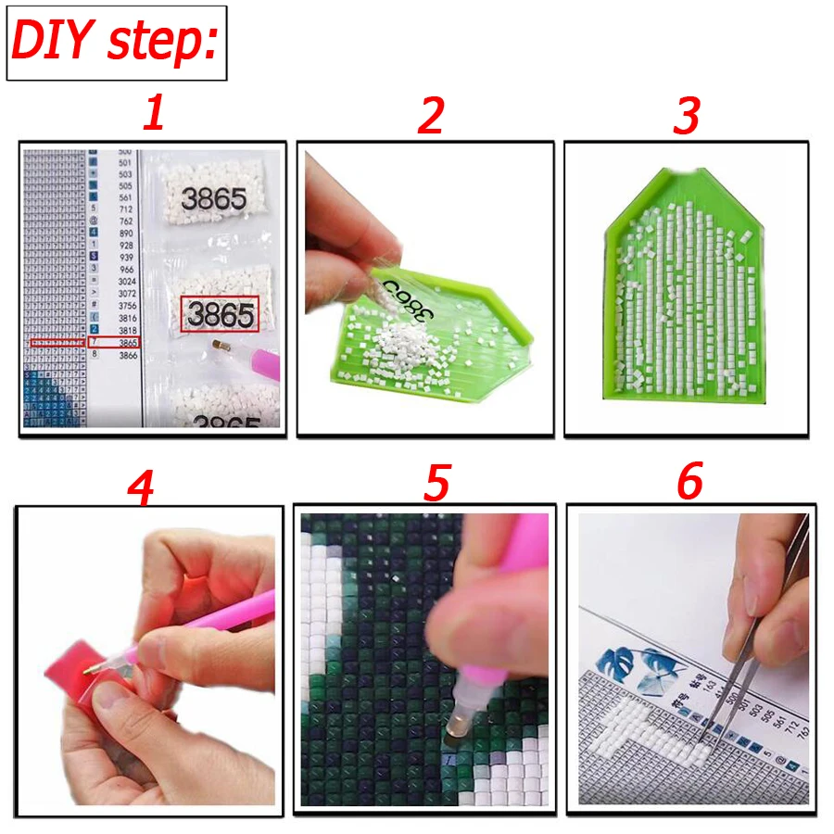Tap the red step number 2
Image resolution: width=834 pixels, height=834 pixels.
430,115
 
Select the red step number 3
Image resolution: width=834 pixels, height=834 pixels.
686,115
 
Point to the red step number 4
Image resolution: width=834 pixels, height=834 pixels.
139,487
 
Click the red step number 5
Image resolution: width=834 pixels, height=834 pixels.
436,483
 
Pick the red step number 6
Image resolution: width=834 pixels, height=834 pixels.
689,482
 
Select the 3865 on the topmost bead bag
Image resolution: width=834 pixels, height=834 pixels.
214,198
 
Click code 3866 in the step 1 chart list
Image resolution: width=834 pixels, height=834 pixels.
128,355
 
